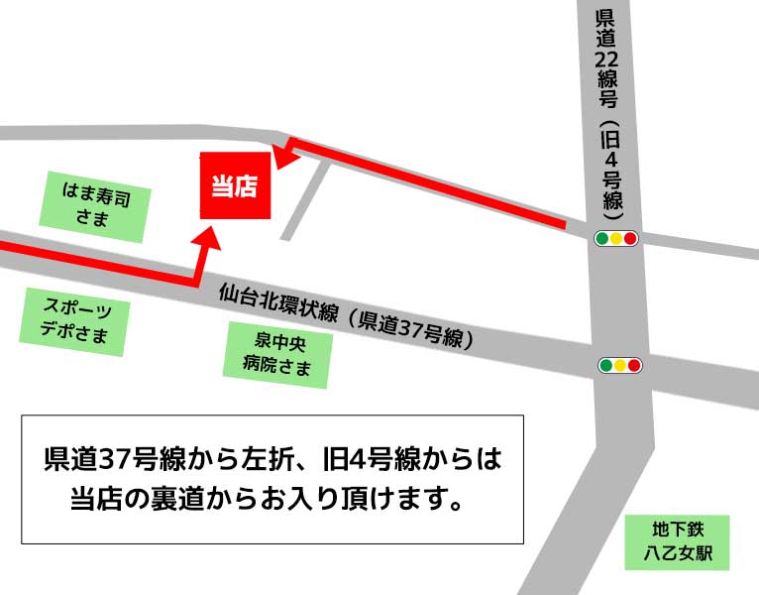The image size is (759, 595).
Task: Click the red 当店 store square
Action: pyautogui.click(x=235, y=185)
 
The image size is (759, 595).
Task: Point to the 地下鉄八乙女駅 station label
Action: pyautogui.click(x=677, y=541)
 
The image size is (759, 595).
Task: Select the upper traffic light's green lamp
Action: pyautogui.click(x=602, y=238)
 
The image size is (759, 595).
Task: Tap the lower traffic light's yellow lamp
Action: pyautogui.click(x=620, y=365)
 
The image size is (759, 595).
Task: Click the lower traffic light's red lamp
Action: pyautogui.click(x=635, y=365)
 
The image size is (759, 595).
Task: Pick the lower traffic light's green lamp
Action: pyautogui.click(x=605, y=365)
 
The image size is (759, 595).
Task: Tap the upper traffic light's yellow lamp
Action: pyautogui.click(x=616, y=238)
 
